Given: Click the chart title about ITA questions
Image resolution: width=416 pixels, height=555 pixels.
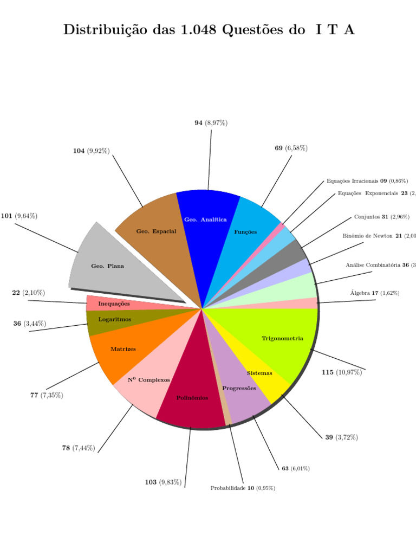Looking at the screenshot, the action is (209, 30).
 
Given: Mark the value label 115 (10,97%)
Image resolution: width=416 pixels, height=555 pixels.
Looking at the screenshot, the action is (341, 372).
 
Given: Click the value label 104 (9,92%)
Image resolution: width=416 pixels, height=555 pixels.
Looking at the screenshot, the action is (92, 151).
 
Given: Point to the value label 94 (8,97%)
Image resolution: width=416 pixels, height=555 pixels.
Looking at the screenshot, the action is (211, 123).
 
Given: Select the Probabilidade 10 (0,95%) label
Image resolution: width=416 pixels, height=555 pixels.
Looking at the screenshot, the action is (243, 488).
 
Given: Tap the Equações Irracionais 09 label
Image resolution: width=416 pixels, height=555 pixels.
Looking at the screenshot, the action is (367, 181).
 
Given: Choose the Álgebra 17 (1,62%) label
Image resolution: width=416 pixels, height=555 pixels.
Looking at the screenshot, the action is (375, 293).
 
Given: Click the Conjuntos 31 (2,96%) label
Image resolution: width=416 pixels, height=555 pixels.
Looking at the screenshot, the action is (381, 217).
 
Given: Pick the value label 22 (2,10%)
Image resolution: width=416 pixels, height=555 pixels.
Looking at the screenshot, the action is (29, 293).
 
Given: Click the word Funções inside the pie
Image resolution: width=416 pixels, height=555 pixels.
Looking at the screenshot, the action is (245, 232).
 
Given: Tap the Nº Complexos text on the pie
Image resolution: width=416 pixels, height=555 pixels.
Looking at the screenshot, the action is (149, 380).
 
